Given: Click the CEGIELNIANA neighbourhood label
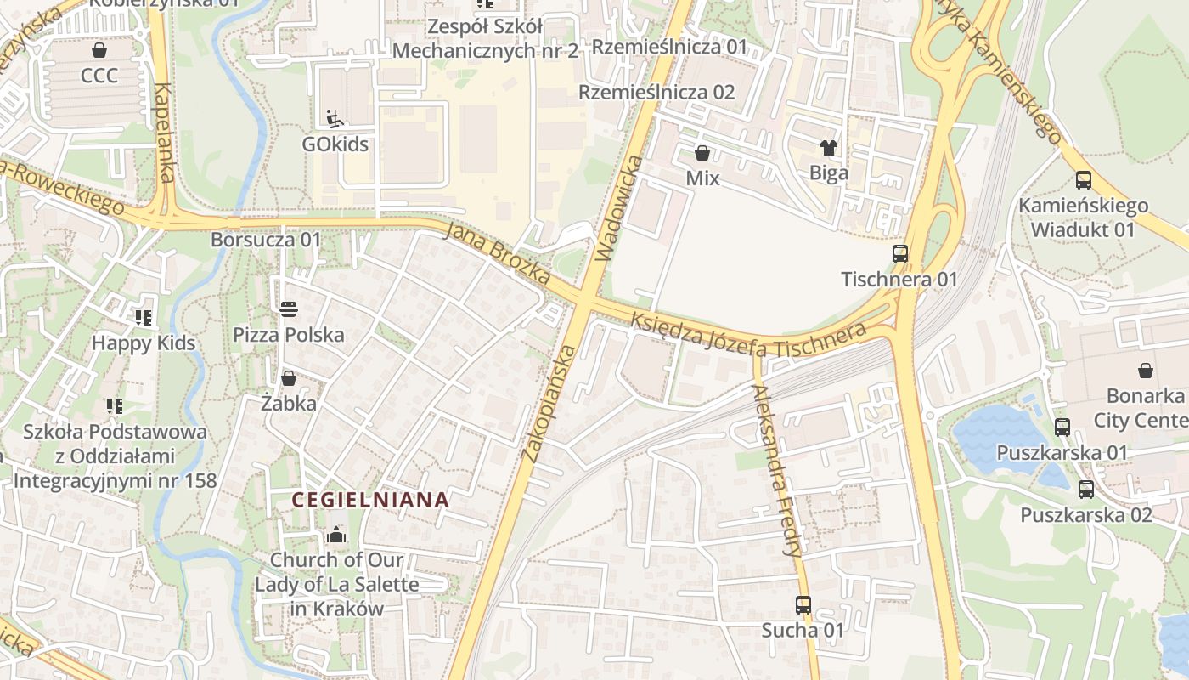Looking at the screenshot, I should coord(370,500).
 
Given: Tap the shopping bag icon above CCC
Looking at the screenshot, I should coord(99,50).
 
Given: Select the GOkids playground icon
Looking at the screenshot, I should coord(335,118).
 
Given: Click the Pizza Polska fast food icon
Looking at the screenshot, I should coord(289,309).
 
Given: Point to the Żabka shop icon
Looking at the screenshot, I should coord(289,378).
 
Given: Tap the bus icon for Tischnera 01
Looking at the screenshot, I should coord(899,253).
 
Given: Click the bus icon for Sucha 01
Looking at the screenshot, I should coord(803,605).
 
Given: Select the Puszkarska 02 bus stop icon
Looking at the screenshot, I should coord(1085,490).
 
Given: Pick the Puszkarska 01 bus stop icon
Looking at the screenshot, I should coord(1062,428).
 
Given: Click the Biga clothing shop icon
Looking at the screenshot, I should coord(829,148).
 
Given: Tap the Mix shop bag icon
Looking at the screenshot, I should coord(702,153).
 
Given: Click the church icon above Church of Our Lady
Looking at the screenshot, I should coord(336,535).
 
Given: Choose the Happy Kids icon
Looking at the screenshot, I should coord(144,318).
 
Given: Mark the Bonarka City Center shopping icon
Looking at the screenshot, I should coord(1145,371).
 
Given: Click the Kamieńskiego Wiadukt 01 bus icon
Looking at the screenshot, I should coord(1083,180).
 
